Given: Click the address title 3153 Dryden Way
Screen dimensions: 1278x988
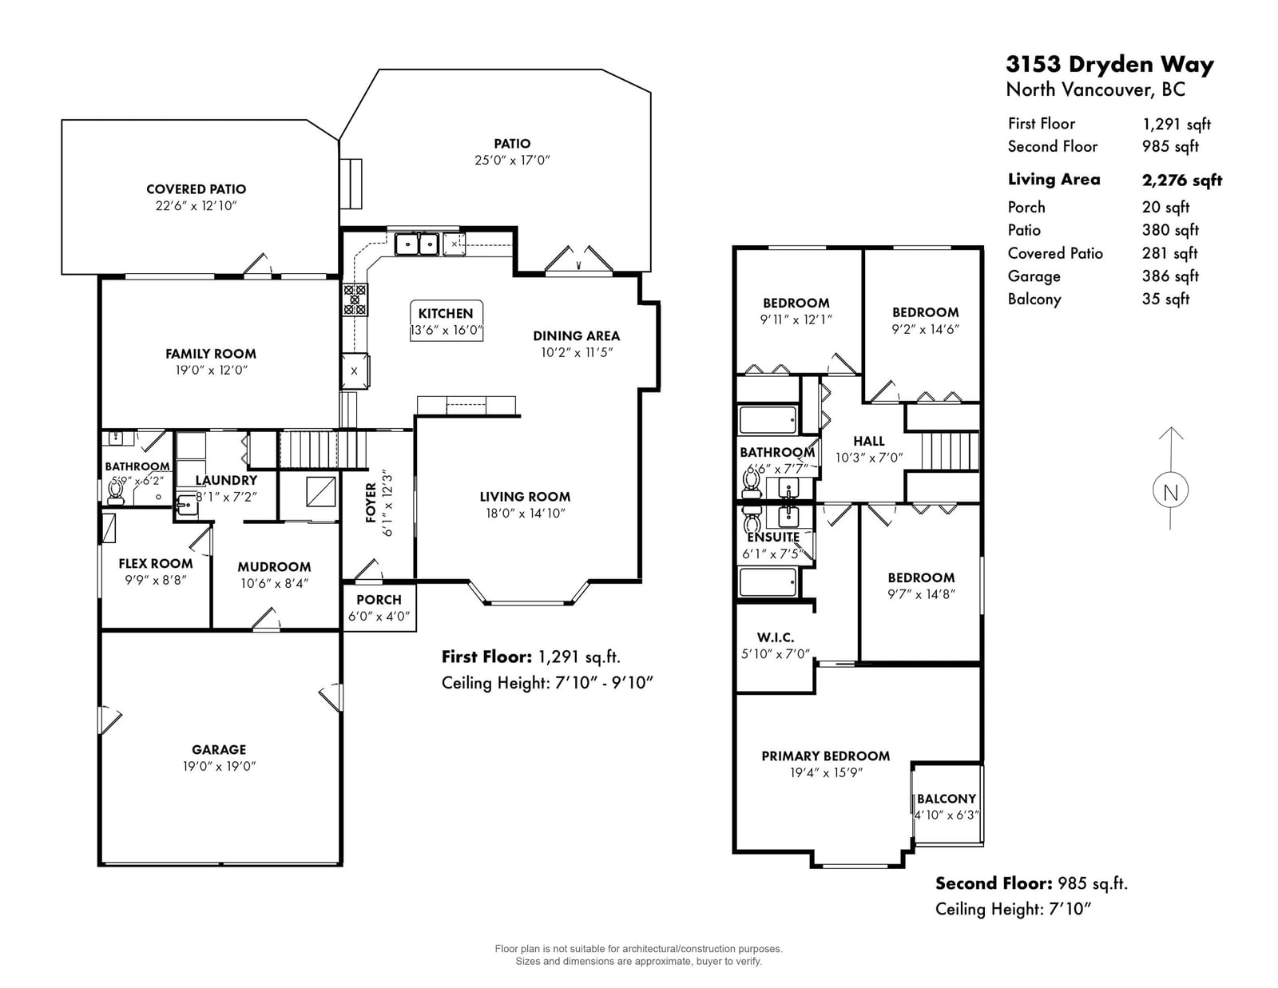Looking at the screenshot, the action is [x=1109, y=64].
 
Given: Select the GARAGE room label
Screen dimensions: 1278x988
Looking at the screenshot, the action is [x=219, y=749].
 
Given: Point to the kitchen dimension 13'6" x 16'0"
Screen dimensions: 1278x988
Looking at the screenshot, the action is [x=446, y=330].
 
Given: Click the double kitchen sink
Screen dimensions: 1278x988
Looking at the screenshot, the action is [x=417, y=244].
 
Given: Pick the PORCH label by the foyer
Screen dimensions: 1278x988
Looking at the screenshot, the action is [x=379, y=600].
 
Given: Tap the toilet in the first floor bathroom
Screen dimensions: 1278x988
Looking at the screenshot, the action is [x=115, y=493].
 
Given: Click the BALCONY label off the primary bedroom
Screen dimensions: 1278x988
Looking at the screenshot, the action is [x=947, y=799].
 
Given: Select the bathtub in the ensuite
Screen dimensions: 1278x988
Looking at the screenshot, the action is [x=768, y=582].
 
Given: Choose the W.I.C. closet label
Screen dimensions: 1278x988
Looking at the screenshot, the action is [x=775, y=637].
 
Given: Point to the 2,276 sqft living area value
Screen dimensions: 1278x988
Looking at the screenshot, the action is [x=1181, y=180].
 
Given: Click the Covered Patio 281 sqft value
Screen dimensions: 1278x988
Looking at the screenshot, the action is [x=1170, y=253].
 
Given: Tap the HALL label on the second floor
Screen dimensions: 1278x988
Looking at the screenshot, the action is [x=869, y=441].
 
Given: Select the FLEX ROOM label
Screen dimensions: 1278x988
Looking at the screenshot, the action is [x=155, y=563].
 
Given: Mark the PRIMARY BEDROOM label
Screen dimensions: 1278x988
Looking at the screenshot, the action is [x=825, y=756].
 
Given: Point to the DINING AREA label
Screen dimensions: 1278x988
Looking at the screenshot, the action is [x=577, y=335].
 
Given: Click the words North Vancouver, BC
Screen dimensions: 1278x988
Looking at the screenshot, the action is [x=1095, y=90].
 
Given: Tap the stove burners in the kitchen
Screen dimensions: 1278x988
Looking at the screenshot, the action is [x=355, y=300].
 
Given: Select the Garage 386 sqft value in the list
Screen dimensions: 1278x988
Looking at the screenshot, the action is [x=1170, y=276].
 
